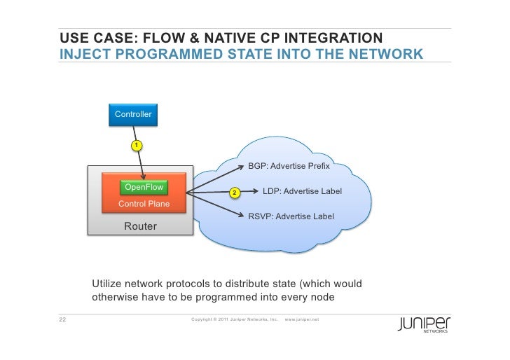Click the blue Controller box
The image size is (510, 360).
[x=133, y=114]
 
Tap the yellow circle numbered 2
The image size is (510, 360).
[x=235, y=193]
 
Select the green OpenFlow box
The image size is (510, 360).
[x=144, y=188]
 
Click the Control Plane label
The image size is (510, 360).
[x=144, y=204]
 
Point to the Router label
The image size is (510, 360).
[x=140, y=226]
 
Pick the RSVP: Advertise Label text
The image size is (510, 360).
[x=291, y=216]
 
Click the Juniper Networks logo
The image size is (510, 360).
[x=424, y=324]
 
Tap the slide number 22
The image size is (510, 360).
[x=62, y=320]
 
